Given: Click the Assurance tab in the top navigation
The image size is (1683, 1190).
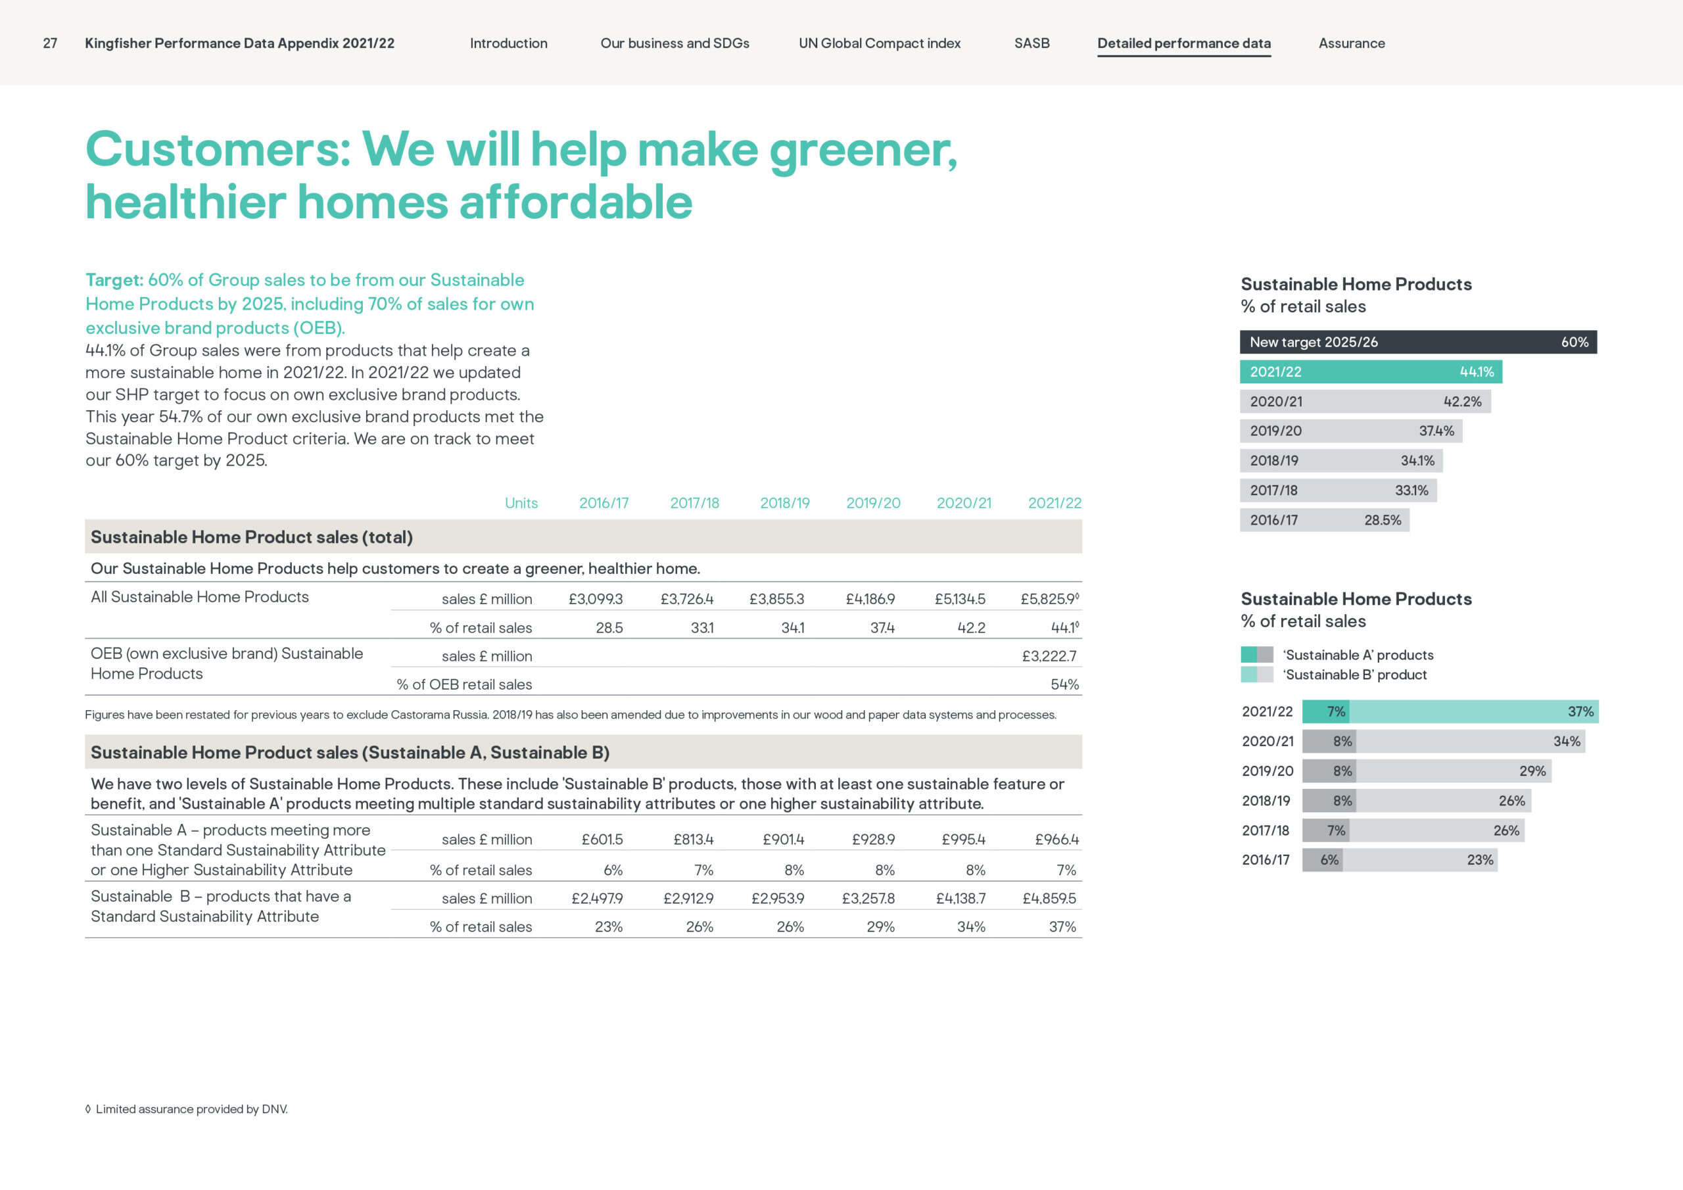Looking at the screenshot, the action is point(1352,43).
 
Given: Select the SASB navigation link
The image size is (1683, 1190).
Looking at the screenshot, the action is point(1031,43).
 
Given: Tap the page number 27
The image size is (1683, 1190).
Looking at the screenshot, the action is point(50,43).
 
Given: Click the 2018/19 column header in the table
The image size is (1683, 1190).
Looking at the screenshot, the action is point(784,503).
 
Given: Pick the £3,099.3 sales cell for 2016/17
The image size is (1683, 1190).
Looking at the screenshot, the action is point(595,599).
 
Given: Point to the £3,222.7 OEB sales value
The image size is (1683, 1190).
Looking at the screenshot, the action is point(1049,656).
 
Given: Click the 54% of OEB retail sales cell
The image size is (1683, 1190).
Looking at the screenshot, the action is point(1064,684).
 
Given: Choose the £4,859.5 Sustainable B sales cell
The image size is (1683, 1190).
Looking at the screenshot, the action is point(1049,898).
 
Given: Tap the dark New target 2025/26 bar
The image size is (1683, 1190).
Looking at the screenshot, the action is point(1417,343).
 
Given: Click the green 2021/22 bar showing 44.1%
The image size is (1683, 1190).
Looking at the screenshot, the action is point(1371,371).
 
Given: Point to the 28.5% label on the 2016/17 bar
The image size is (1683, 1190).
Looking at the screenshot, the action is point(1383,520).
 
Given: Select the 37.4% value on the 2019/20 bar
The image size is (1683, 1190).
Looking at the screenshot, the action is point(1436,431).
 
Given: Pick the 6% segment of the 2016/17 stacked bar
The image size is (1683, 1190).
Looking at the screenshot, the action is point(1322,860).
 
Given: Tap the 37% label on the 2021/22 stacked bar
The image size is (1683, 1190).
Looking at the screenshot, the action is point(1580,712).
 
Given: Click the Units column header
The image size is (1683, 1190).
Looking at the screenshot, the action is point(521,503).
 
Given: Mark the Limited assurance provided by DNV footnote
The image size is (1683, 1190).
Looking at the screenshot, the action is point(186,1109).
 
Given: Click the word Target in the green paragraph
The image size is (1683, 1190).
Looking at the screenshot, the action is point(114,280).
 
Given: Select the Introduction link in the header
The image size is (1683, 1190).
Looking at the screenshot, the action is point(509,43).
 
